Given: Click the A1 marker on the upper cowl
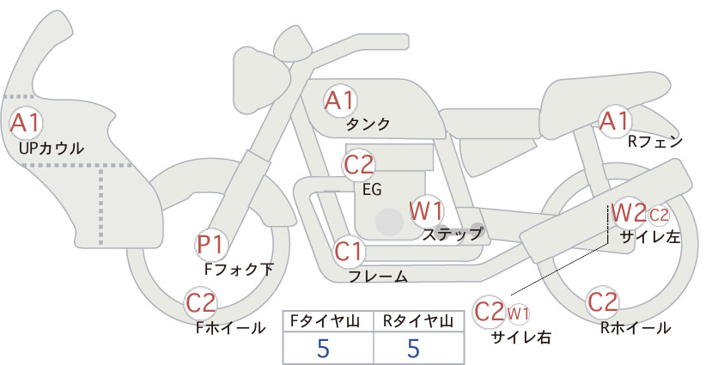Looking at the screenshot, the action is tap(26, 123).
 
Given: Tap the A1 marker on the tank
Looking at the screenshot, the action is tap(340, 100).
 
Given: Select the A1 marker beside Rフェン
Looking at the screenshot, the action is tap(614, 121).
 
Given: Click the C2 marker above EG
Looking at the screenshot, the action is tap(359, 165).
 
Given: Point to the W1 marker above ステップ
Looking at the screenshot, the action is tap(426, 211).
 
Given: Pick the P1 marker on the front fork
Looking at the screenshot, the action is tap(210, 245).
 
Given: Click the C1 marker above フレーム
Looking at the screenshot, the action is tap(349, 251).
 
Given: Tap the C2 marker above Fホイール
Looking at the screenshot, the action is tap(201, 303).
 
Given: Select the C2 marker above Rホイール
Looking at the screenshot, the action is tap(602, 302).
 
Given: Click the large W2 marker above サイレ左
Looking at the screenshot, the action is tap(630, 214).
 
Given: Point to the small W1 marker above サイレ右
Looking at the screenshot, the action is tap(518, 313).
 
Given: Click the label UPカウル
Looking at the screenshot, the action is tap(52, 149).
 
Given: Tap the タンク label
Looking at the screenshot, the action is tap(368, 125).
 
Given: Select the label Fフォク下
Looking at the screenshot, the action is tap(239, 269).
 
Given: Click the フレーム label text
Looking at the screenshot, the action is tap(378, 276).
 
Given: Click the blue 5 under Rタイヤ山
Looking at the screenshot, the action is tap(413, 348).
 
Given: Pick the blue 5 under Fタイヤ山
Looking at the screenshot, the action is tap(323, 348).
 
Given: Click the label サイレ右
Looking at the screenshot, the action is tap(521, 338).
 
